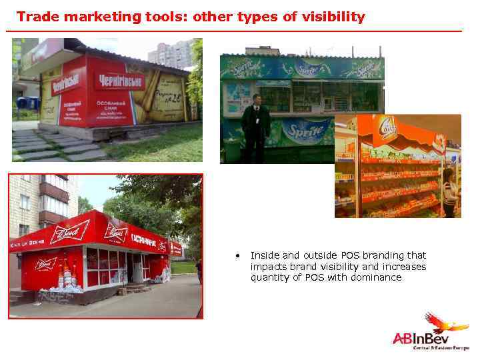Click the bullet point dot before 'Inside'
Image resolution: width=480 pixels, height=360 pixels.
[x=237, y=256]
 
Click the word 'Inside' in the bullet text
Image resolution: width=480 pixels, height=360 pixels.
[x=263, y=255]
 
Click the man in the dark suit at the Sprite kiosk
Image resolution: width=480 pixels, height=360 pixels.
[x=255, y=127]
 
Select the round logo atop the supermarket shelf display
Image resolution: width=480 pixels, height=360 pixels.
[x=389, y=126]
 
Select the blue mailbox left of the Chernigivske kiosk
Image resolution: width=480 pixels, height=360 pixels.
[x=28, y=103]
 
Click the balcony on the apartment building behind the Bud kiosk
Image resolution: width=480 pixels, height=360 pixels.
[x=52, y=193]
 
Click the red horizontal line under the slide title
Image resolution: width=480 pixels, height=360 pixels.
[x=233, y=31]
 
